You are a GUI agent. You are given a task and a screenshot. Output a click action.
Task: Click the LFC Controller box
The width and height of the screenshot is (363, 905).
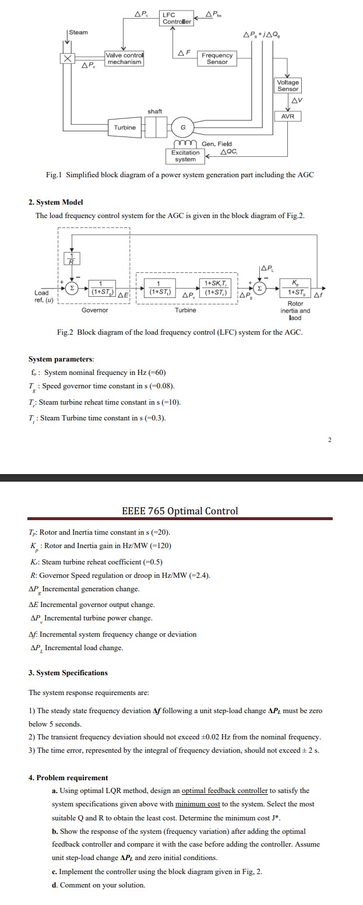(x=177, y=18)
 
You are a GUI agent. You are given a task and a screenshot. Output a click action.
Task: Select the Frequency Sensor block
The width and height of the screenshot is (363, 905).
(x=217, y=58)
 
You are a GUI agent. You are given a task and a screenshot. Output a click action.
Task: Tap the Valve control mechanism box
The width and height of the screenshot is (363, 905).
(x=124, y=58)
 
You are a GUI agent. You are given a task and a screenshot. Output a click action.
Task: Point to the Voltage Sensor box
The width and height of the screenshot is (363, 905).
(x=288, y=86)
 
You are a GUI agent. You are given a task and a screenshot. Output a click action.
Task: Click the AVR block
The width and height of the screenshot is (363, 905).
(x=288, y=117)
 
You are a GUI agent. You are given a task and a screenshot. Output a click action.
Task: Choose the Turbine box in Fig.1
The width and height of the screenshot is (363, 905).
(x=125, y=127)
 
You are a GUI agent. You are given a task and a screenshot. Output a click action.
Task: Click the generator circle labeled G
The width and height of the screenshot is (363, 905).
(x=183, y=128)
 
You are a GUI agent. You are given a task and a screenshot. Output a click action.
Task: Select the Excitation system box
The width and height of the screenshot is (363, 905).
(x=185, y=156)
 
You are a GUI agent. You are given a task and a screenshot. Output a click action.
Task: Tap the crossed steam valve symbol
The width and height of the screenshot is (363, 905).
(x=68, y=58)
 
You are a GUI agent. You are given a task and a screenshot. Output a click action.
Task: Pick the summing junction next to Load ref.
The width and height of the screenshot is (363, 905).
(x=72, y=287)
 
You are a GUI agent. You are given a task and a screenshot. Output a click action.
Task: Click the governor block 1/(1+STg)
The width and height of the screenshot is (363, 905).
(x=102, y=287)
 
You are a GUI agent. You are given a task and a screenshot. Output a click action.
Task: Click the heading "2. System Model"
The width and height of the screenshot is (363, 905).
(x=56, y=202)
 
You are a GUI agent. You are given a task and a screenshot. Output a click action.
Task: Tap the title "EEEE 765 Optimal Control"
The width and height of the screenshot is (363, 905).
(x=179, y=511)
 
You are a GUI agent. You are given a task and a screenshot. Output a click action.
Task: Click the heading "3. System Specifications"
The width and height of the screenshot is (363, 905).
(x=68, y=673)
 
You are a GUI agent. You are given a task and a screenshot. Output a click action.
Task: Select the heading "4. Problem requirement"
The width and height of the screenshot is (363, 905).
(x=68, y=778)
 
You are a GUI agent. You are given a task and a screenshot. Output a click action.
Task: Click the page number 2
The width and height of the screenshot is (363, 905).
(x=329, y=440)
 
